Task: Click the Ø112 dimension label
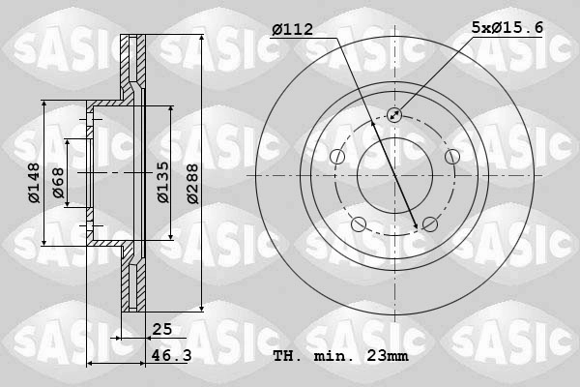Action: (x=292, y=30)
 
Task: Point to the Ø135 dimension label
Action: (x=163, y=182)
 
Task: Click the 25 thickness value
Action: (x=160, y=330)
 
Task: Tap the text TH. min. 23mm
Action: (x=340, y=356)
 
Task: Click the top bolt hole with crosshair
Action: (x=394, y=115)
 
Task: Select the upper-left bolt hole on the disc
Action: (x=337, y=157)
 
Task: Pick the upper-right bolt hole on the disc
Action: (x=451, y=157)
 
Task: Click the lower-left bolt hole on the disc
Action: (x=359, y=224)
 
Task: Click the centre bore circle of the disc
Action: (x=394, y=175)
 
